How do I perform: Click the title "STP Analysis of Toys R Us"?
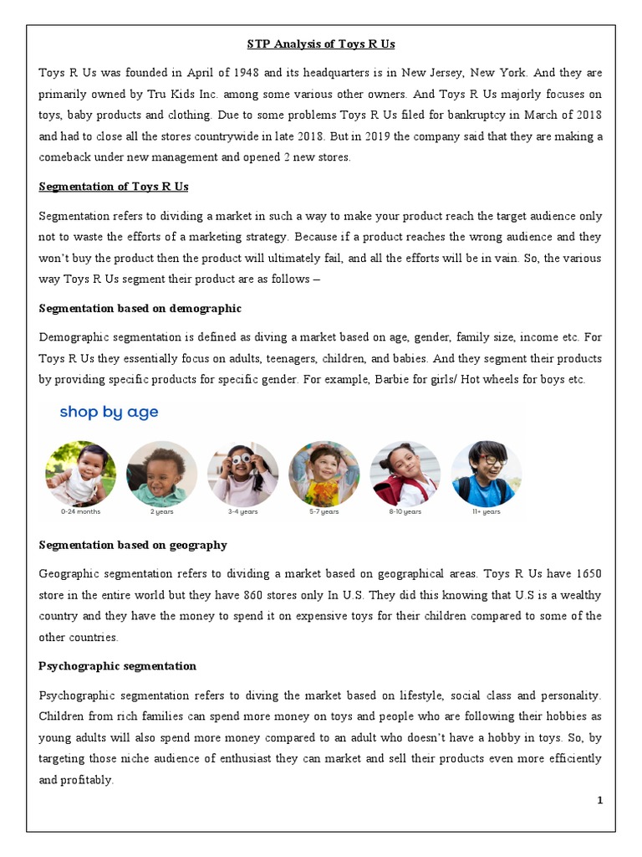(320, 44)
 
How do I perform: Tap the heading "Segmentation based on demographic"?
(140, 308)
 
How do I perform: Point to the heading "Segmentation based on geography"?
(133, 545)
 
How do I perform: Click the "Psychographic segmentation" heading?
(117, 666)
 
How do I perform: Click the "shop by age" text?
(109, 412)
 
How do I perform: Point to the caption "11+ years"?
(486, 512)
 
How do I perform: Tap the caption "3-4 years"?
(242, 512)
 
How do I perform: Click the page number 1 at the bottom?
(599, 800)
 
